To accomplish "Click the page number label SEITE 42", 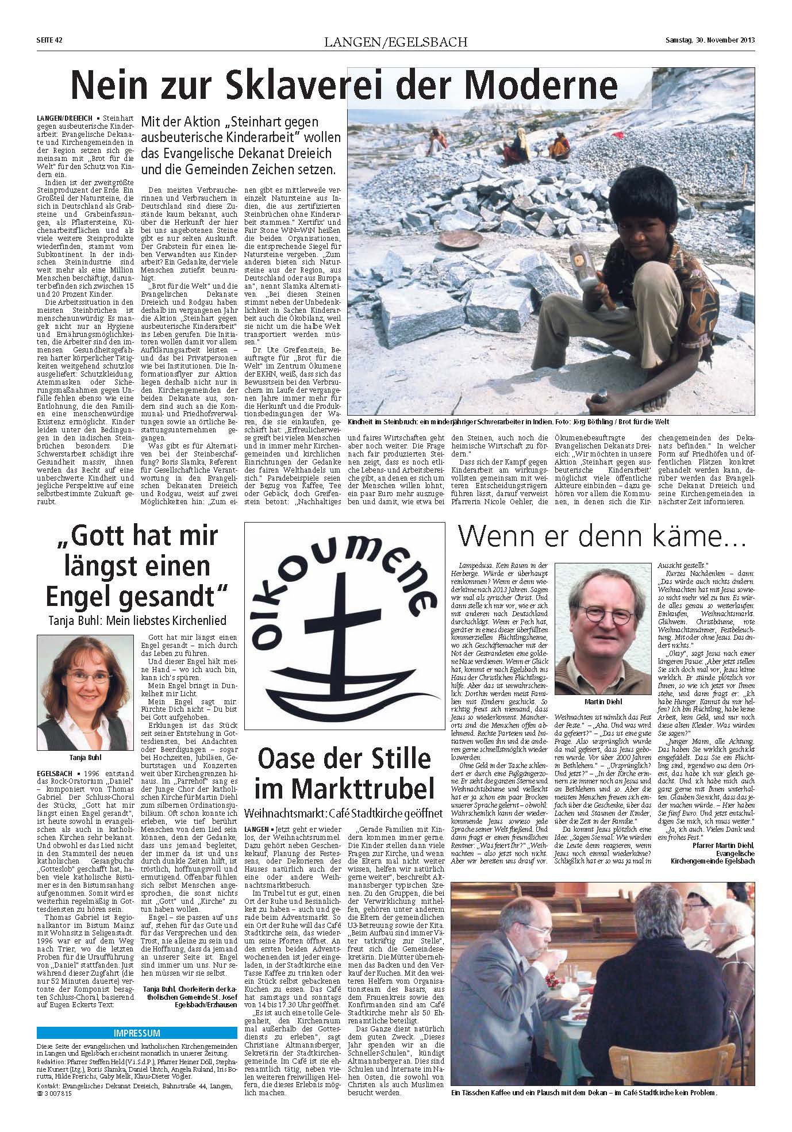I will (x=45, y=40).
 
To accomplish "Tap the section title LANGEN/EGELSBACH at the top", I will (x=395, y=41).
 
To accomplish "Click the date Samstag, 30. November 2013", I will (x=709, y=40).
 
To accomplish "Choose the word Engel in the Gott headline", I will (x=81, y=598).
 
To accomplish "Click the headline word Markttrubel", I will (x=343, y=789).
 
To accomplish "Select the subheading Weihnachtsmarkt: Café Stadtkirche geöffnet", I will (x=343, y=813).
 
